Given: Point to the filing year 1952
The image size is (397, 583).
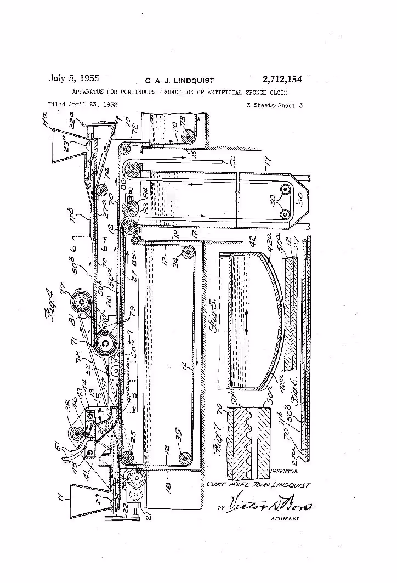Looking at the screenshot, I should [x=107, y=104].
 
